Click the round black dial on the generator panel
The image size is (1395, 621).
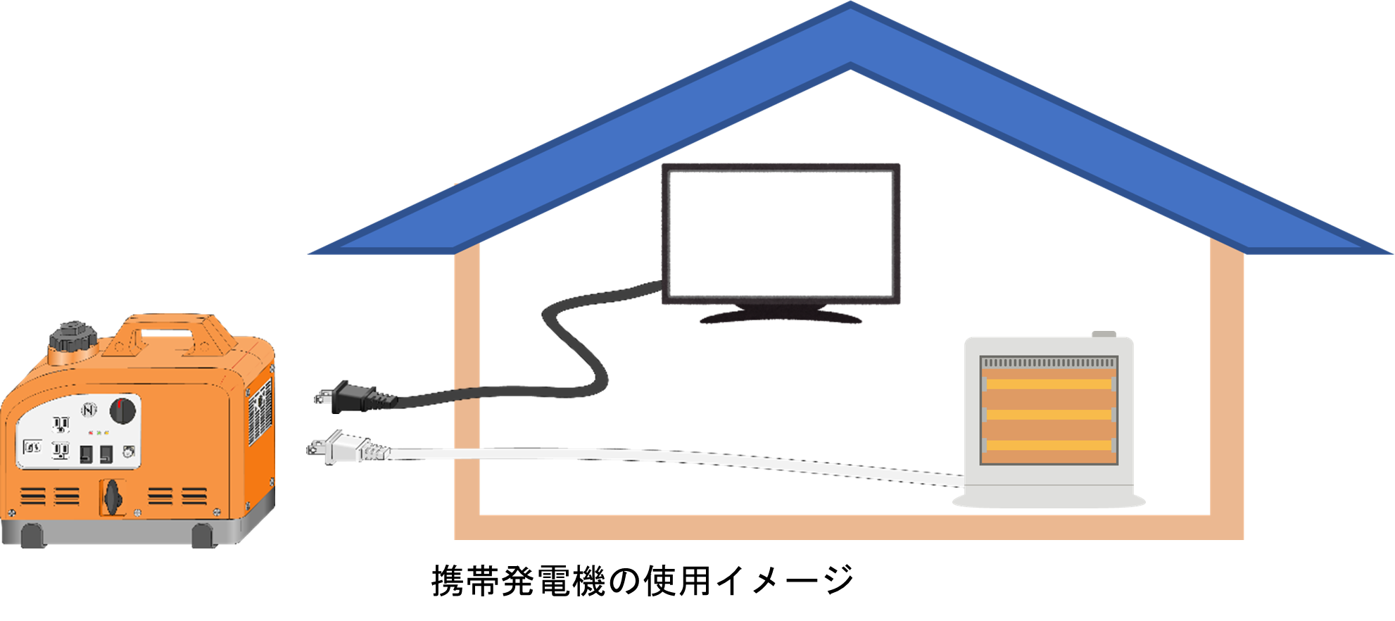[x=122, y=410]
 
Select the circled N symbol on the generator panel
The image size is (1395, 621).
[x=89, y=410]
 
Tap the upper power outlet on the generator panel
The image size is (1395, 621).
[x=61, y=424]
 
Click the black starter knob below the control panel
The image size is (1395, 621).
[x=112, y=497]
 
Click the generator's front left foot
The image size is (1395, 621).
[x=32, y=536]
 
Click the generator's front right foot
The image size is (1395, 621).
[x=203, y=536]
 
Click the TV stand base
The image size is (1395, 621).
[x=781, y=316]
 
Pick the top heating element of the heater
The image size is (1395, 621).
[x=1049, y=384]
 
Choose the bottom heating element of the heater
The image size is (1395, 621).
[x=1049, y=446]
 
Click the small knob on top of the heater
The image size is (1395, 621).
[x=1104, y=334]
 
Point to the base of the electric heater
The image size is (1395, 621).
[x=1049, y=501]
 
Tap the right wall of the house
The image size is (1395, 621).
[x=1227, y=387]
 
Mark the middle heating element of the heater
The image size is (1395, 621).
[x=1049, y=415]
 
